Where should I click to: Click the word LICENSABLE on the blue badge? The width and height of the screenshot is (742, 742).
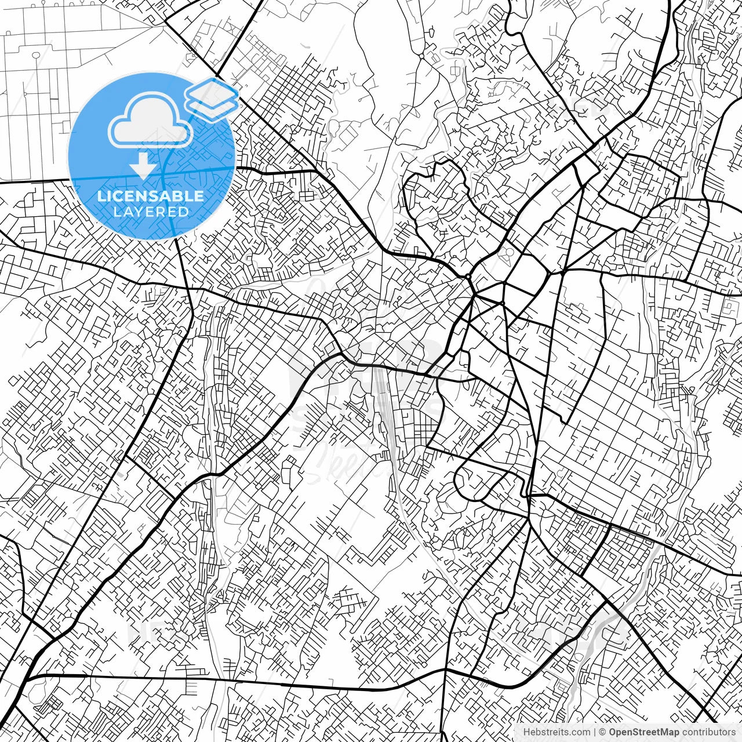coord(151,196)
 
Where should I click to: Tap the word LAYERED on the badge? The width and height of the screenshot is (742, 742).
coord(151,212)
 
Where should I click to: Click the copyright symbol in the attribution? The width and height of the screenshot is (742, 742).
coord(603,732)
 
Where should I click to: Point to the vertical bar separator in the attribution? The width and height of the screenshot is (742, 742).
coord(595,732)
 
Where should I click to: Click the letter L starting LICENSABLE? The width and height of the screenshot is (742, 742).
coord(101,196)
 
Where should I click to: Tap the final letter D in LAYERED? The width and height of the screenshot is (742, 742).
coord(184,212)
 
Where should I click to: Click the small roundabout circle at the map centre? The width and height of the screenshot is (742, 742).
coord(468,277)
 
